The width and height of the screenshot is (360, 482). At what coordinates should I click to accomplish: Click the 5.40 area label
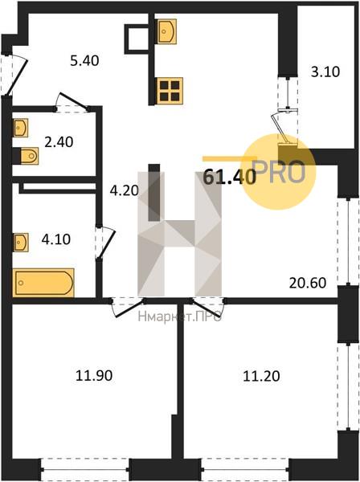pyautogui.click(x=84, y=60)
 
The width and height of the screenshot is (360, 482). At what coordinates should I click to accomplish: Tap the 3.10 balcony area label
pyautogui.click(x=325, y=71)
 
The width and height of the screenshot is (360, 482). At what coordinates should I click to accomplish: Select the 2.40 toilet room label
pyautogui.click(x=59, y=142)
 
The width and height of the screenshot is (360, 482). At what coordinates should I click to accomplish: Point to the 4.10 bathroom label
pyautogui.click(x=56, y=239)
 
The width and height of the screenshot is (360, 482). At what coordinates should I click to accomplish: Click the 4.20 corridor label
pyautogui.click(x=125, y=190)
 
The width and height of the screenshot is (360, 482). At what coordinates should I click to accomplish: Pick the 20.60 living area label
pyautogui.click(x=308, y=283)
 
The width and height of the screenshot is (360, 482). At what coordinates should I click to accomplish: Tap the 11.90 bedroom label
pyautogui.click(x=94, y=375)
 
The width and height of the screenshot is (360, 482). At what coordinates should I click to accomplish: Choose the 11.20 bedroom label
pyautogui.click(x=262, y=376)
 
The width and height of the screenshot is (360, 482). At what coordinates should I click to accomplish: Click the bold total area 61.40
pyautogui.click(x=230, y=177)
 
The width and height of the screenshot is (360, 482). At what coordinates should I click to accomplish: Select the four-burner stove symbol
pyautogui.click(x=170, y=91)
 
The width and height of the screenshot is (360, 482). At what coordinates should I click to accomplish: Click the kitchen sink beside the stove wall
pyautogui.click(x=166, y=31)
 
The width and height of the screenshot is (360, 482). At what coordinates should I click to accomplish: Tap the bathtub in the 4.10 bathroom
pyautogui.click(x=43, y=283)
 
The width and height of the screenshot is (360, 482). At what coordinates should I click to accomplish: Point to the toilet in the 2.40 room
pyautogui.click(x=29, y=156)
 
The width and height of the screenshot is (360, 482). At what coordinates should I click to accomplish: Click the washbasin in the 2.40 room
pyautogui.click(x=20, y=128)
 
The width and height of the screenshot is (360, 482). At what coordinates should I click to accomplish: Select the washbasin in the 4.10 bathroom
pyautogui.click(x=21, y=242)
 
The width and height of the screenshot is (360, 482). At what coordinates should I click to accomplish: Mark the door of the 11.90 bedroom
pyautogui.click(x=129, y=308)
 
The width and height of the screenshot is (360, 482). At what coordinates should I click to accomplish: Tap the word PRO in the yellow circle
pyautogui.click(x=280, y=172)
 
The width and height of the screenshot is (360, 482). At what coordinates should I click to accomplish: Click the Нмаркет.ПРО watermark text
pyautogui.click(x=180, y=317)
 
